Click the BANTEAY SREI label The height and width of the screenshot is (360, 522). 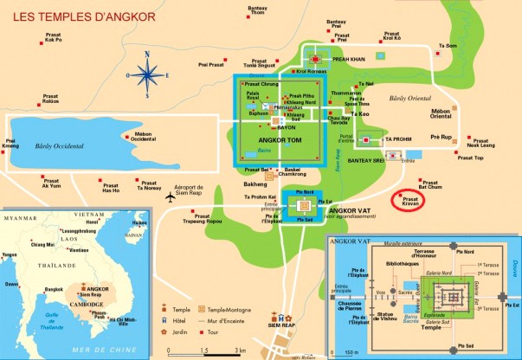[x=373, y=157]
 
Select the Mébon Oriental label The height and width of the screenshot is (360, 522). [x=444, y=115]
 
